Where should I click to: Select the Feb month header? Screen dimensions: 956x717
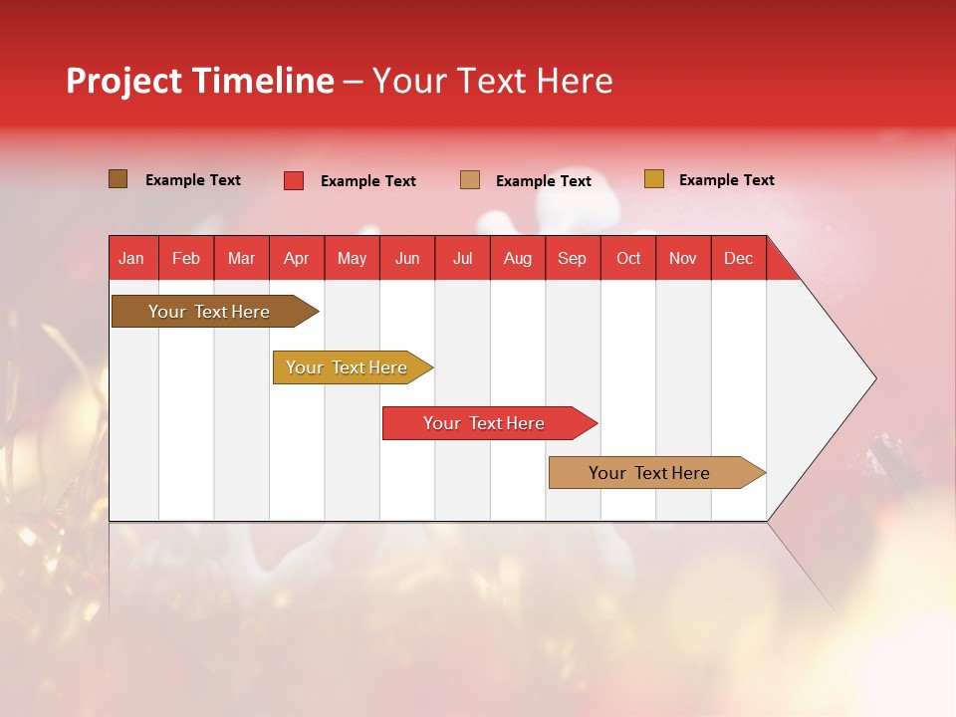186,258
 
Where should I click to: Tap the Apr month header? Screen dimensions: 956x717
297,258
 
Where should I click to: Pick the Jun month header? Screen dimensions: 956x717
407,258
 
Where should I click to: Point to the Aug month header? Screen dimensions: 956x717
518,258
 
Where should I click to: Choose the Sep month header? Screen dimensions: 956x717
573,258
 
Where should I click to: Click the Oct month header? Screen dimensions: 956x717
628,258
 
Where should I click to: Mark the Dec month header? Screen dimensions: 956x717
738,258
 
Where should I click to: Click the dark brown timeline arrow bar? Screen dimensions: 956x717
215,311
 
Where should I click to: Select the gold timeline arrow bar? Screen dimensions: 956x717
353,367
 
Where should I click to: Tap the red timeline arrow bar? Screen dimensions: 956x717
490,423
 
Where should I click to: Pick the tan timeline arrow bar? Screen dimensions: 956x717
657,472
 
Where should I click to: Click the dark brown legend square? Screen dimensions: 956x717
118,179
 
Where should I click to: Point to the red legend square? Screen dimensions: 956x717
293,180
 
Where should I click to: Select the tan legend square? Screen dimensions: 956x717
469,180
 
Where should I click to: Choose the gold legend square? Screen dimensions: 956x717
653,178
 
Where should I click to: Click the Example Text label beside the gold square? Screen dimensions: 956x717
727,180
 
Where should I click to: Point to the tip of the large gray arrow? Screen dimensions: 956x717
876,378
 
